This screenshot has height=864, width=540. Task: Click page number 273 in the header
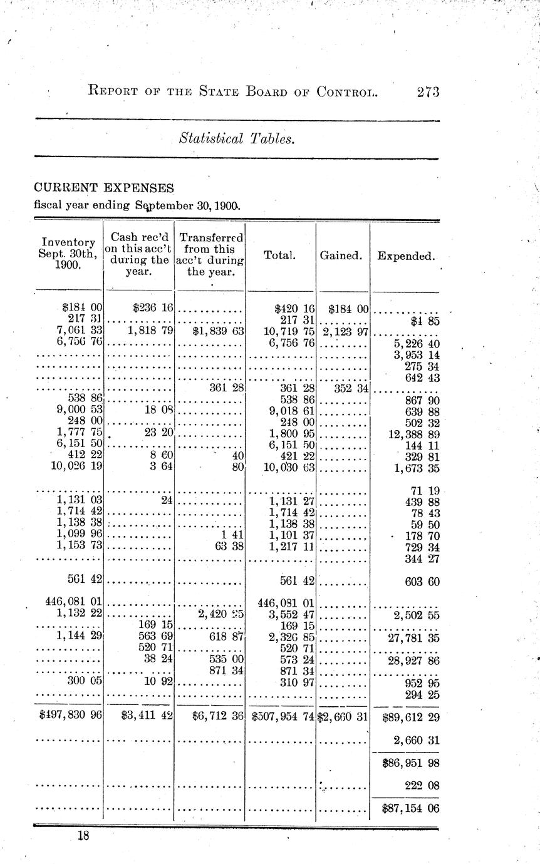pyautogui.click(x=428, y=92)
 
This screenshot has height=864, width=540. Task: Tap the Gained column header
pyautogui.click(x=342, y=255)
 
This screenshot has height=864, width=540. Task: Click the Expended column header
pyautogui.click(x=405, y=255)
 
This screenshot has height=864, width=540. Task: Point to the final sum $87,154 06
pyautogui.click(x=409, y=808)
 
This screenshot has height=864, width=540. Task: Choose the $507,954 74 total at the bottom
pyautogui.click(x=281, y=717)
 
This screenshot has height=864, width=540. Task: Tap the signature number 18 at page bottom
pyautogui.click(x=83, y=835)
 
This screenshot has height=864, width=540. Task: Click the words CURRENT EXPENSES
pyautogui.click(x=104, y=188)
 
